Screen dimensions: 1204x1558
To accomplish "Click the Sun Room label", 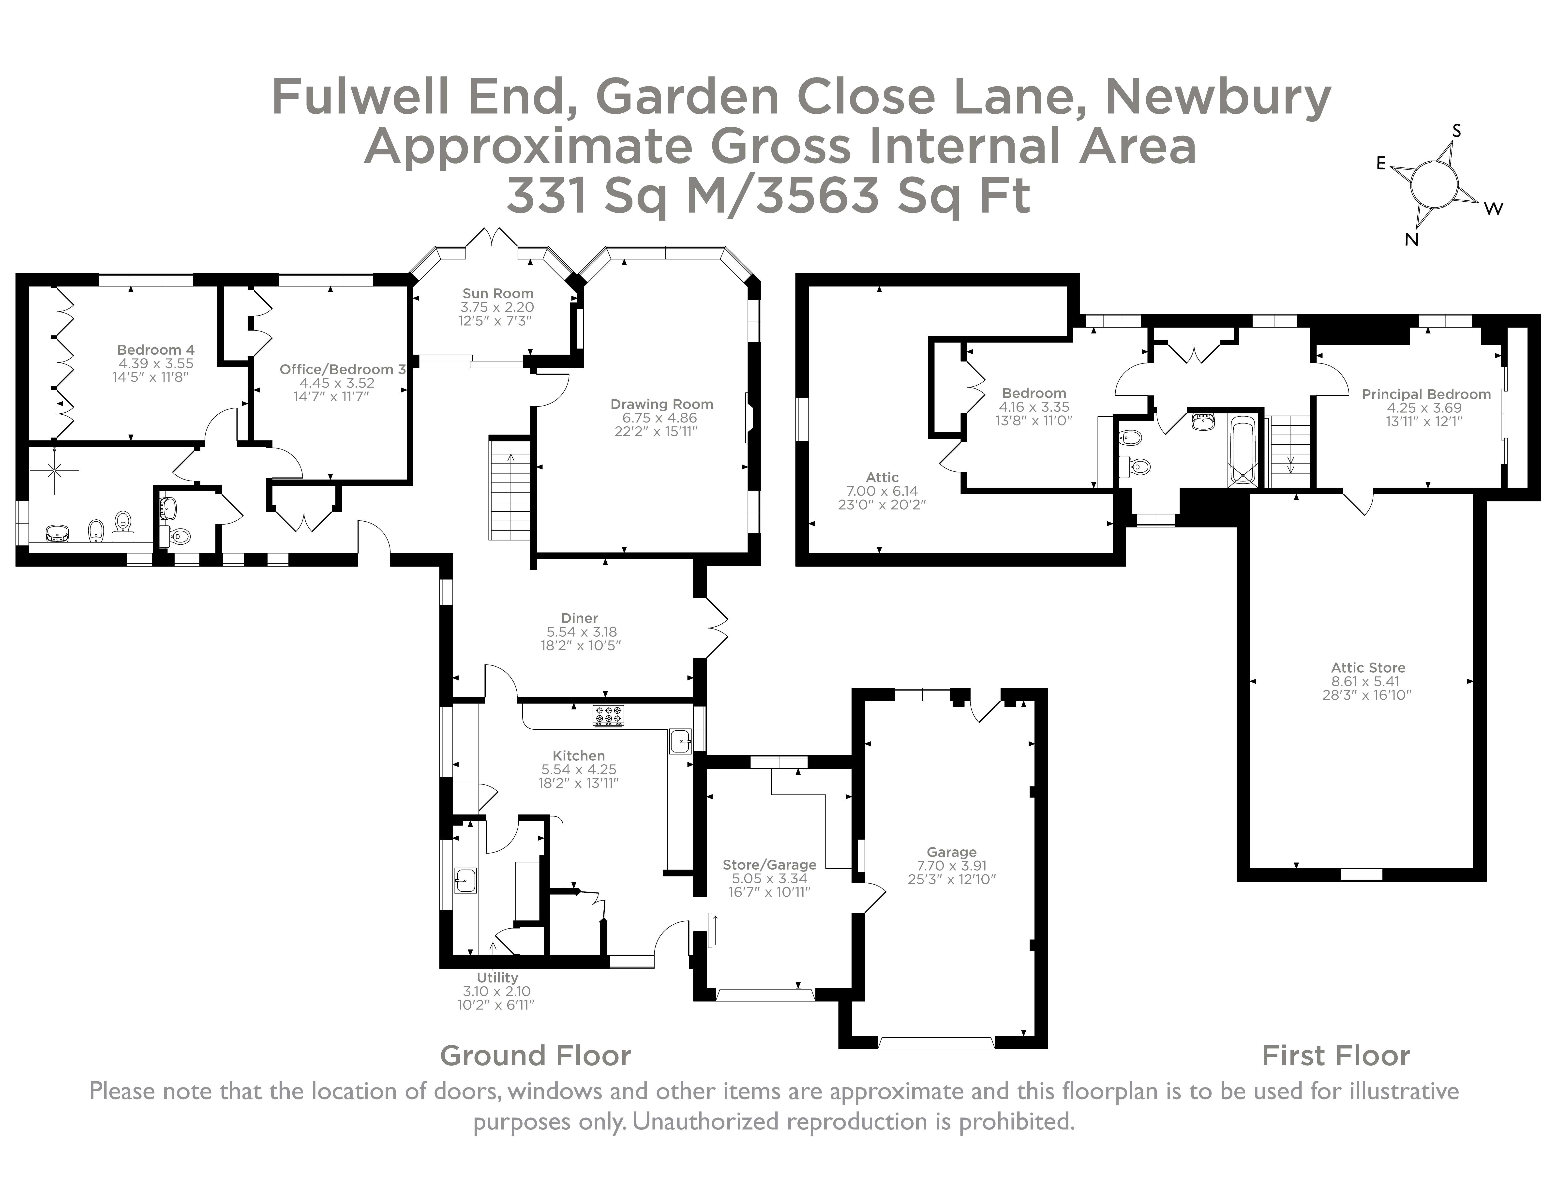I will [497, 293].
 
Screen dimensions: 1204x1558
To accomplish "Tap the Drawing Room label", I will [661, 405].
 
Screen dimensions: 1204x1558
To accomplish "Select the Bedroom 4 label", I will [155, 349].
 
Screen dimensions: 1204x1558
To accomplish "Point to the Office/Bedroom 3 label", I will [343, 369].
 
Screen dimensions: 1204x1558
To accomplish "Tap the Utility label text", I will [497, 978].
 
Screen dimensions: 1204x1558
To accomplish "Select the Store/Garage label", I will [769, 864].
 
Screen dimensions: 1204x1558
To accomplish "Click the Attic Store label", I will [1367, 668].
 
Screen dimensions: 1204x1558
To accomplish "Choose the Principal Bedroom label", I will [1425, 394].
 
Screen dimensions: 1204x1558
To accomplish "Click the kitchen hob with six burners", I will [608, 715].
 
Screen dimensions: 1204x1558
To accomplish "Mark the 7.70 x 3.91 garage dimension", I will [952, 866].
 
